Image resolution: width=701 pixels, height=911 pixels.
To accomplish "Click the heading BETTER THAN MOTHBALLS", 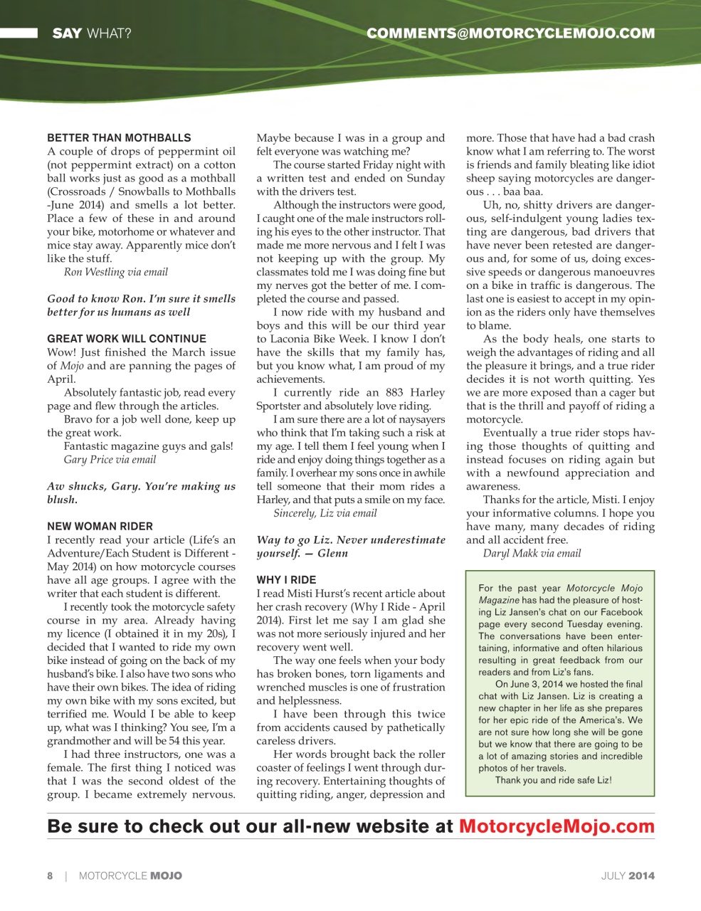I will pyautogui.click(x=119, y=138).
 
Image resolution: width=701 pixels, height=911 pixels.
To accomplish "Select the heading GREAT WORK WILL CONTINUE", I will pyautogui.click(x=127, y=339).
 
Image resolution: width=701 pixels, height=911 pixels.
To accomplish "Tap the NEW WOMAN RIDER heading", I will pyautogui.click(x=100, y=527).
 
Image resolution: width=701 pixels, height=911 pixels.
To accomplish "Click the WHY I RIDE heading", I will pyautogui.click(x=286, y=580).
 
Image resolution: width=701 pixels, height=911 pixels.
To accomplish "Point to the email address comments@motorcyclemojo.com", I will pyautogui.click(x=510, y=33).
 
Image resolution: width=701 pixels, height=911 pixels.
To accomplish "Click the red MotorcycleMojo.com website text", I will pyautogui.click(x=557, y=826).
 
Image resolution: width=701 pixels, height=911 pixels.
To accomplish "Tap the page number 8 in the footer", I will pyautogui.click(x=50, y=876).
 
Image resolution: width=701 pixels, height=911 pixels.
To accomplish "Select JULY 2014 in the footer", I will pyautogui.click(x=628, y=876).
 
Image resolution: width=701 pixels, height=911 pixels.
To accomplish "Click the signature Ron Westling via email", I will pyautogui.click(x=116, y=272).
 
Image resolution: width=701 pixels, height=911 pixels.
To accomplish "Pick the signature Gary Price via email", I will pyautogui.click(x=110, y=460).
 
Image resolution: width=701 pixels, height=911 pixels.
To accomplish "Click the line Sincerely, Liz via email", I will pyautogui.click(x=325, y=513).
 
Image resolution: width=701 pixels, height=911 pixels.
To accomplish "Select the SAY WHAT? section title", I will pyautogui.click(x=91, y=33).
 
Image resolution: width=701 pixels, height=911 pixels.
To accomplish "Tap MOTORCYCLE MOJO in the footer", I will pyautogui.click(x=130, y=876).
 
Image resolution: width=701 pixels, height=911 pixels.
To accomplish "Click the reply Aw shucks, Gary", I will pyautogui.click(x=141, y=487).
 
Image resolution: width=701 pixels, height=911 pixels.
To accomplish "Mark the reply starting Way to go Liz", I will pyautogui.click(x=350, y=540).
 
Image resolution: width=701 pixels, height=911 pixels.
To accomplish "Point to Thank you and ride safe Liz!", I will pyautogui.click(x=553, y=780).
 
